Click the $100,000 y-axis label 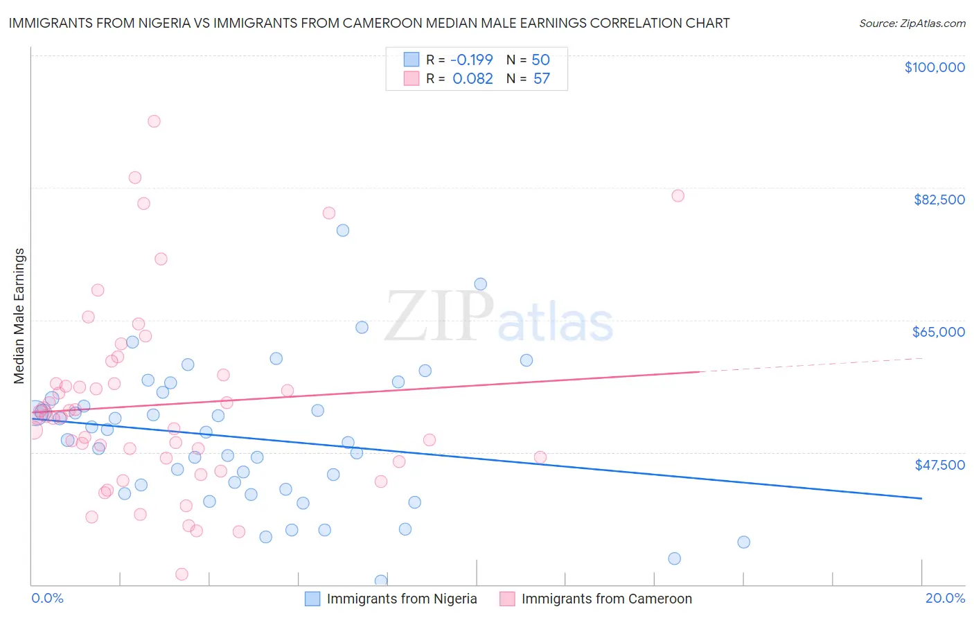pyautogui.click(x=935, y=67)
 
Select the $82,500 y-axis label pyautogui.click(x=939, y=200)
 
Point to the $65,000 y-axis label pyautogui.click(x=938, y=332)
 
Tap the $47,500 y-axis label pyautogui.click(x=939, y=465)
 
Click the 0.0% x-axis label pyautogui.click(x=47, y=598)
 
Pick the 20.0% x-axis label pyautogui.click(x=945, y=598)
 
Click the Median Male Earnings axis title pyautogui.click(x=19, y=316)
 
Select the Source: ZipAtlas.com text pyautogui.click(x=912, y=24)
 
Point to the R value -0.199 pyautogui.click(x=472, y=60)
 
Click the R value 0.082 pyautogui.click(x=472, y=79)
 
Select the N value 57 pyautogui.click(x=541, y=79)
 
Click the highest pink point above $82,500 pyautogui.click(x=154, y=121)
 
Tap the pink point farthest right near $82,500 pyautogui.click(x=678, y=196)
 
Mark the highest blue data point pyautogui.click(x=342, y=231)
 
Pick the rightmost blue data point pyautogui.click(x=743, y=542)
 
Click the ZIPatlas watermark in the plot pyautogui.click(x=499, y=317)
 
